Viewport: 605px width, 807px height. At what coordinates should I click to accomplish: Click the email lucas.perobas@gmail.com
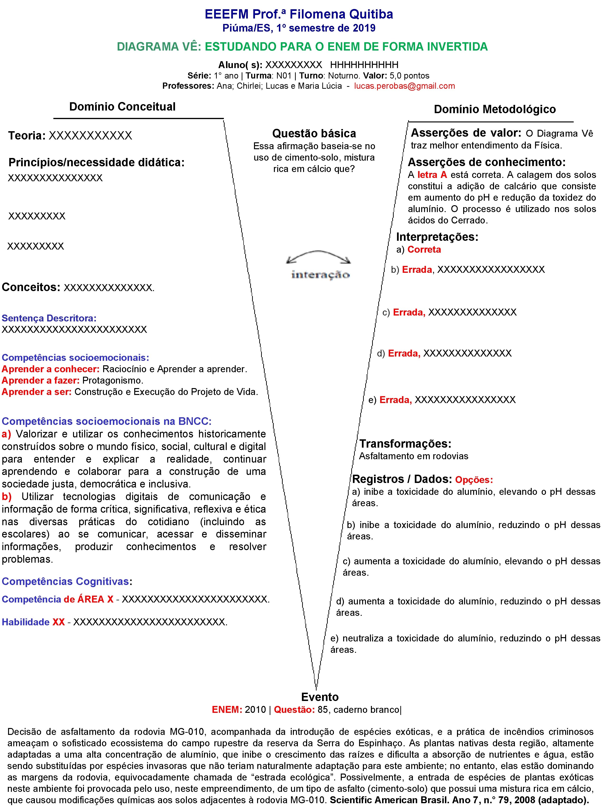tap(404, 86)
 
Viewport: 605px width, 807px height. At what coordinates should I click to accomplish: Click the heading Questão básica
tap(314, 134)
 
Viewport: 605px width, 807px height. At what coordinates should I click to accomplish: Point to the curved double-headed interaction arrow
tap(318, 256)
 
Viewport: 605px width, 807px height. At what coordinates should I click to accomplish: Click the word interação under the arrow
tap(320, 275)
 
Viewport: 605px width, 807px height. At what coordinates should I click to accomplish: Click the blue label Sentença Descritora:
tap(49, 318)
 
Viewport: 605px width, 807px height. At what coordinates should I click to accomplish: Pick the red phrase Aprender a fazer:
tap(41, 380)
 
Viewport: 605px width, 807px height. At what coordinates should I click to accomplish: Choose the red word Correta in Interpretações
tap(424, 250)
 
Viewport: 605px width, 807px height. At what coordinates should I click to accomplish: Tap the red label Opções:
tap(474, 480)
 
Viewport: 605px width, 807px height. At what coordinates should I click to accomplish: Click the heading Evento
tap(320, 697)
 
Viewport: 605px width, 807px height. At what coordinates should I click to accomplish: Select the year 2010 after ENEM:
tap(255, 710)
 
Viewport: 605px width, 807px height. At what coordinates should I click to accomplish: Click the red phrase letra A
tap(432, 175)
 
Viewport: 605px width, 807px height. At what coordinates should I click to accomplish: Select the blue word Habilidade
tap(26, 622)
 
